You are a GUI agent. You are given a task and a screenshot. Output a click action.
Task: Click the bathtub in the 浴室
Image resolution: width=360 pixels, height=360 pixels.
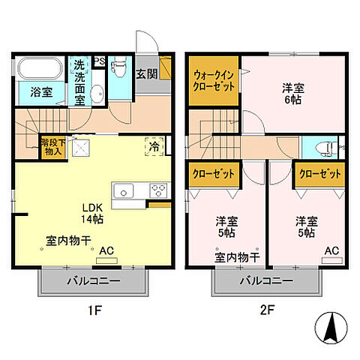coord(40,70)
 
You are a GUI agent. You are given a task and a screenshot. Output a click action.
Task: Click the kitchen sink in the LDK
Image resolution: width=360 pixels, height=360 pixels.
coord(124,191)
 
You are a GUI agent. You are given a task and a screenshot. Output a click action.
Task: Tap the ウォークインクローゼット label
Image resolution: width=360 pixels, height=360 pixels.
coord(214,80)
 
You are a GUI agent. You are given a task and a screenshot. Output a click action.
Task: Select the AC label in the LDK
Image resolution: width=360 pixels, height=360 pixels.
coord(106,251)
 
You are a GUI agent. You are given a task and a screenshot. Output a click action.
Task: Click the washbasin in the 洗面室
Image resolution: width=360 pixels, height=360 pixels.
coord(97,94)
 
